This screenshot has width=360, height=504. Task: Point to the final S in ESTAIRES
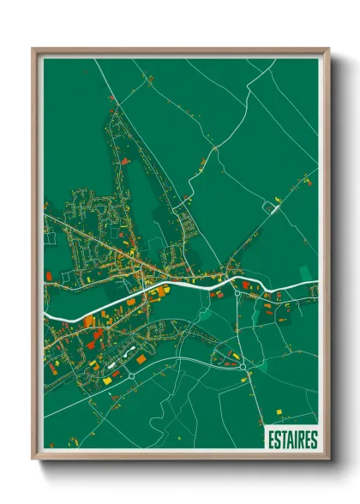314,440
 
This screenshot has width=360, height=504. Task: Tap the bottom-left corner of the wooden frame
33,459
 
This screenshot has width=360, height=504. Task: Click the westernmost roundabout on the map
133,375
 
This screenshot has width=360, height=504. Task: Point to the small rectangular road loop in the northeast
273,207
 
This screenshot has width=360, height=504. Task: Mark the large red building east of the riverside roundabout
249,285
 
